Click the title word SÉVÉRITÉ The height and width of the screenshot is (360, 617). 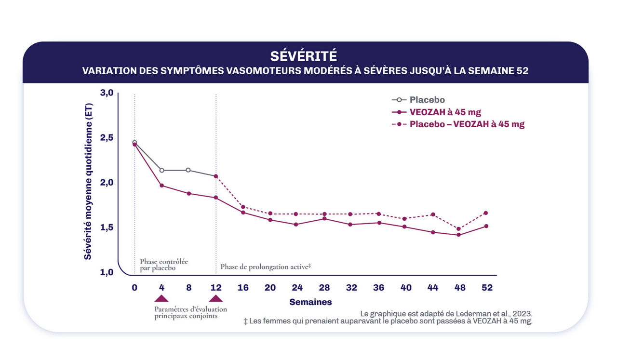point(303,56)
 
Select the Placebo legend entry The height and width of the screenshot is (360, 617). point(427,100)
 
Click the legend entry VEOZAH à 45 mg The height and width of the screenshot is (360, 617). point(445,112)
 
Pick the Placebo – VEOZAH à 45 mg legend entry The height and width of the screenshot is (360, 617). point(467,124)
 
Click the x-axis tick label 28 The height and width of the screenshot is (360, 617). point(324,288)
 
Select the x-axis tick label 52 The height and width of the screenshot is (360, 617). point(487,288)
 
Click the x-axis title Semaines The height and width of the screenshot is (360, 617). point(310,302)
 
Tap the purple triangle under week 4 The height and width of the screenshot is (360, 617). point(161,298)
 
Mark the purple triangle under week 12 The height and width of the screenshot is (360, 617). point(216,298)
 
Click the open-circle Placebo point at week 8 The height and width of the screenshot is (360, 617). point(188,170)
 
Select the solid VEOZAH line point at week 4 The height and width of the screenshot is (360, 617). point(161,186)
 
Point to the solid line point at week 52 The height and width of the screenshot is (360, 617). point(487,226)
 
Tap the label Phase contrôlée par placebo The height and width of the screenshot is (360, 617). point(163,265)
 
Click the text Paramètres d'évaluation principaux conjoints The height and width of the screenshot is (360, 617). point(190,313)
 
